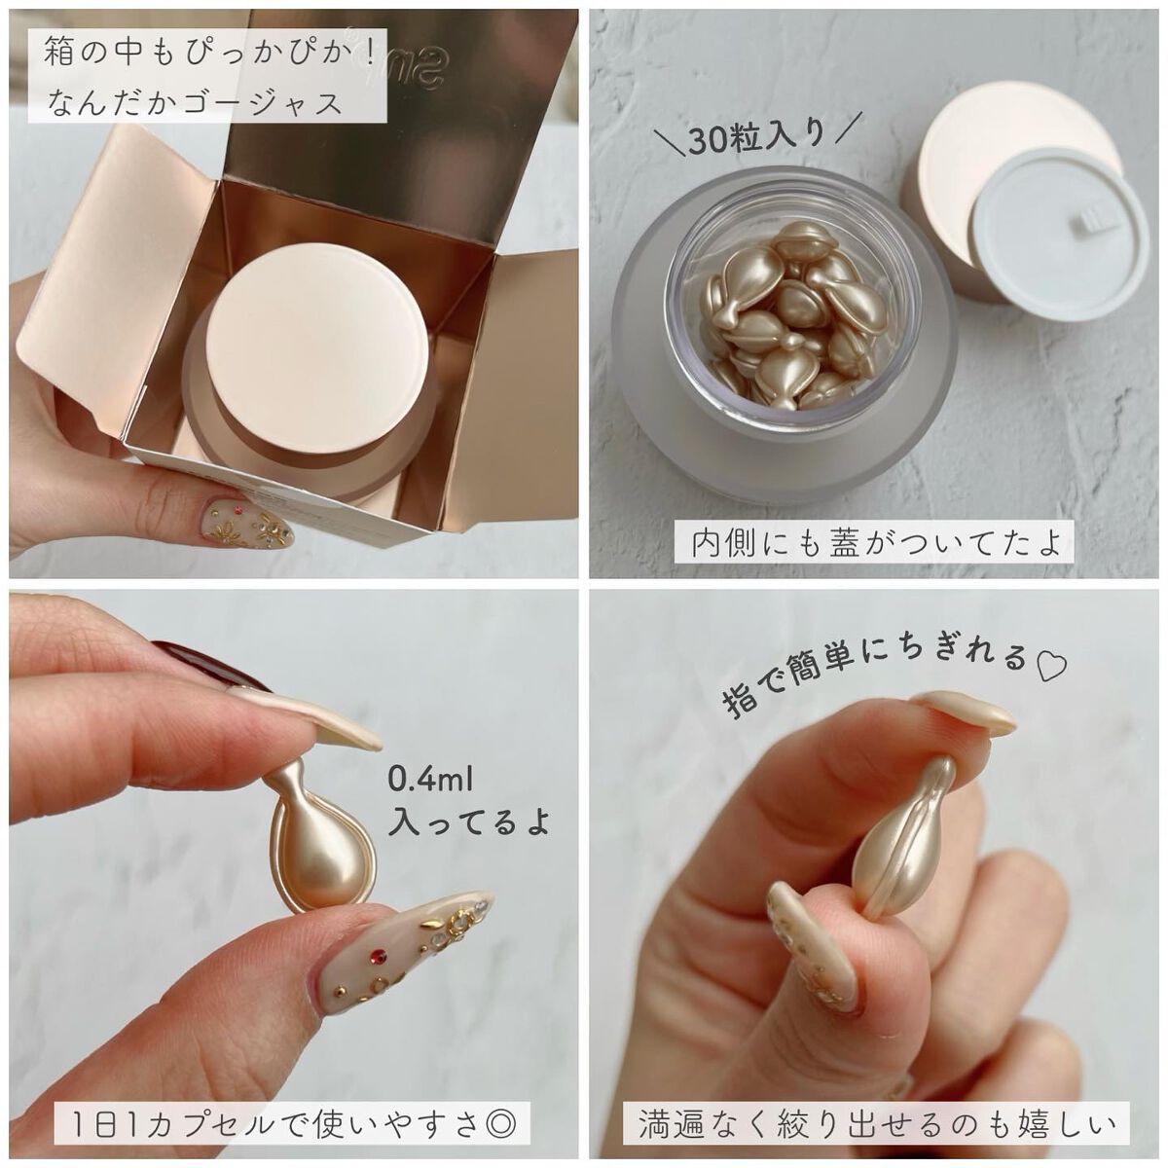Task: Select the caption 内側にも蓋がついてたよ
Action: [876, 542]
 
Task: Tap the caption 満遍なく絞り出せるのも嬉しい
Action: [876, 1126]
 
